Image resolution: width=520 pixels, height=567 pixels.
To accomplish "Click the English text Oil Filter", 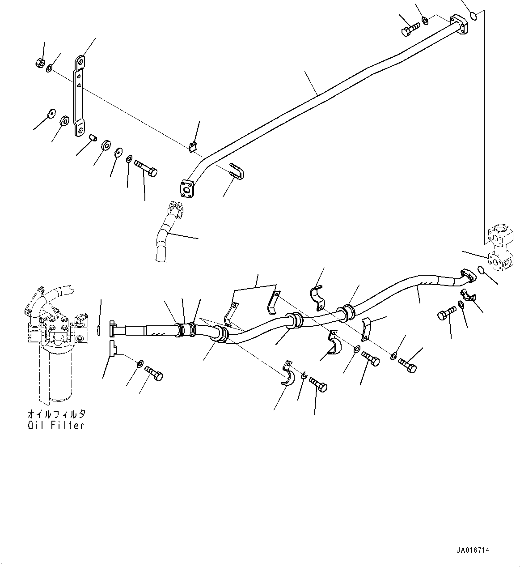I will [55, 425].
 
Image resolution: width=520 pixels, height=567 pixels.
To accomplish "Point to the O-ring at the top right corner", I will [474, 17].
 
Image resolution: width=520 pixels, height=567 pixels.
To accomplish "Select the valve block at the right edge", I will [499, 248].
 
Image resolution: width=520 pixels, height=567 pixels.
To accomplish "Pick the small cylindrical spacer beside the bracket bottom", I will [93, 137].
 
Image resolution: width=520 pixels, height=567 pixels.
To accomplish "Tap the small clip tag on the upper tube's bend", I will [193, 146].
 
